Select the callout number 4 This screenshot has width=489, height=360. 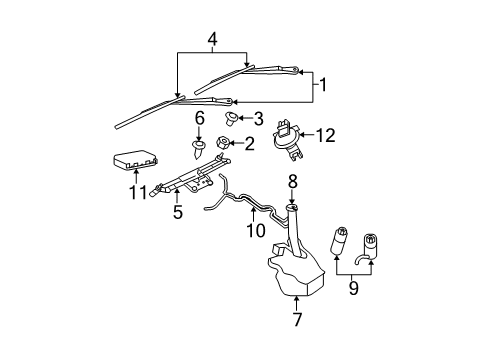(x=212, y=39)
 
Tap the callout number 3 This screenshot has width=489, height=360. (x=258, y=118)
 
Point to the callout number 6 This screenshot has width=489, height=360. (x=199, y=117)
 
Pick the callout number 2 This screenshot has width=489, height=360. (x=250, y=143)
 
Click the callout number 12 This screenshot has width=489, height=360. (x=325, y=133)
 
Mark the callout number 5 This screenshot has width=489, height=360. (x=178, y=211)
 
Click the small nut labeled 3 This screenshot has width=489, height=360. (x=232, y=118)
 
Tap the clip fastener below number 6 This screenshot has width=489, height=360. (x=199, y=149)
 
